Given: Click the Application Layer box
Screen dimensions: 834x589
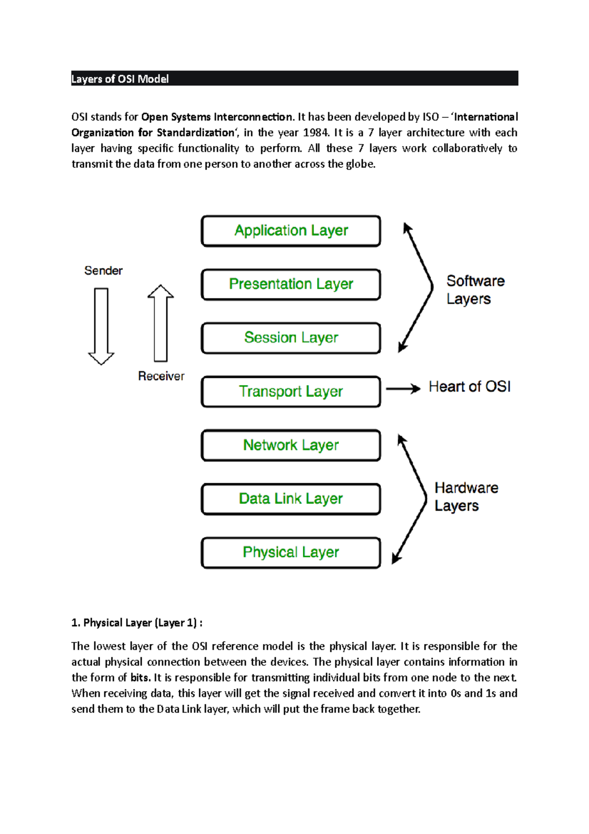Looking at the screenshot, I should (x=291, y=231).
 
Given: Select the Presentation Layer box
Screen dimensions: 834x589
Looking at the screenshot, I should (x=291, y=284).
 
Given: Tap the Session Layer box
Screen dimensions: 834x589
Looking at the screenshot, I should (x=291, y=338).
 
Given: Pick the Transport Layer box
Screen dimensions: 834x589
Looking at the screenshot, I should (x=291, y=391).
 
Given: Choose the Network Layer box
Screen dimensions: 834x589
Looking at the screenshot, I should (x=291, y=445).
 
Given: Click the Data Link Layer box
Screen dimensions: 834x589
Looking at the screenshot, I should (x=291, y=499).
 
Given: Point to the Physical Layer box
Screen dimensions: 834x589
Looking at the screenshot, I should (x=291, y=553).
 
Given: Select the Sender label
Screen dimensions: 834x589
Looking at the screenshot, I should (x=103, y=271).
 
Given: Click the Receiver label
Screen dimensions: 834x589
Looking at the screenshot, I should (x=161, y=376).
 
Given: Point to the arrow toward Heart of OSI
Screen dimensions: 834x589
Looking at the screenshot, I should (x=402, y=389).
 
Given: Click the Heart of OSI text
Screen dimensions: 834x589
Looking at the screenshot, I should (x=469, y=387).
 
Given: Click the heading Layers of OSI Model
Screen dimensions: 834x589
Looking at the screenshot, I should (x=120, y=79).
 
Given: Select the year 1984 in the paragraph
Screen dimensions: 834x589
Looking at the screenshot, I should (x=315, y=133).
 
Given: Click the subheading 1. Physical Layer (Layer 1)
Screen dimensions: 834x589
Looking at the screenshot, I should (x=136, y=623).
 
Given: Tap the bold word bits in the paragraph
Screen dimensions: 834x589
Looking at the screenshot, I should (x=140, y=678).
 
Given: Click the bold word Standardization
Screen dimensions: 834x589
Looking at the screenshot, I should (x=196, y=133).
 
